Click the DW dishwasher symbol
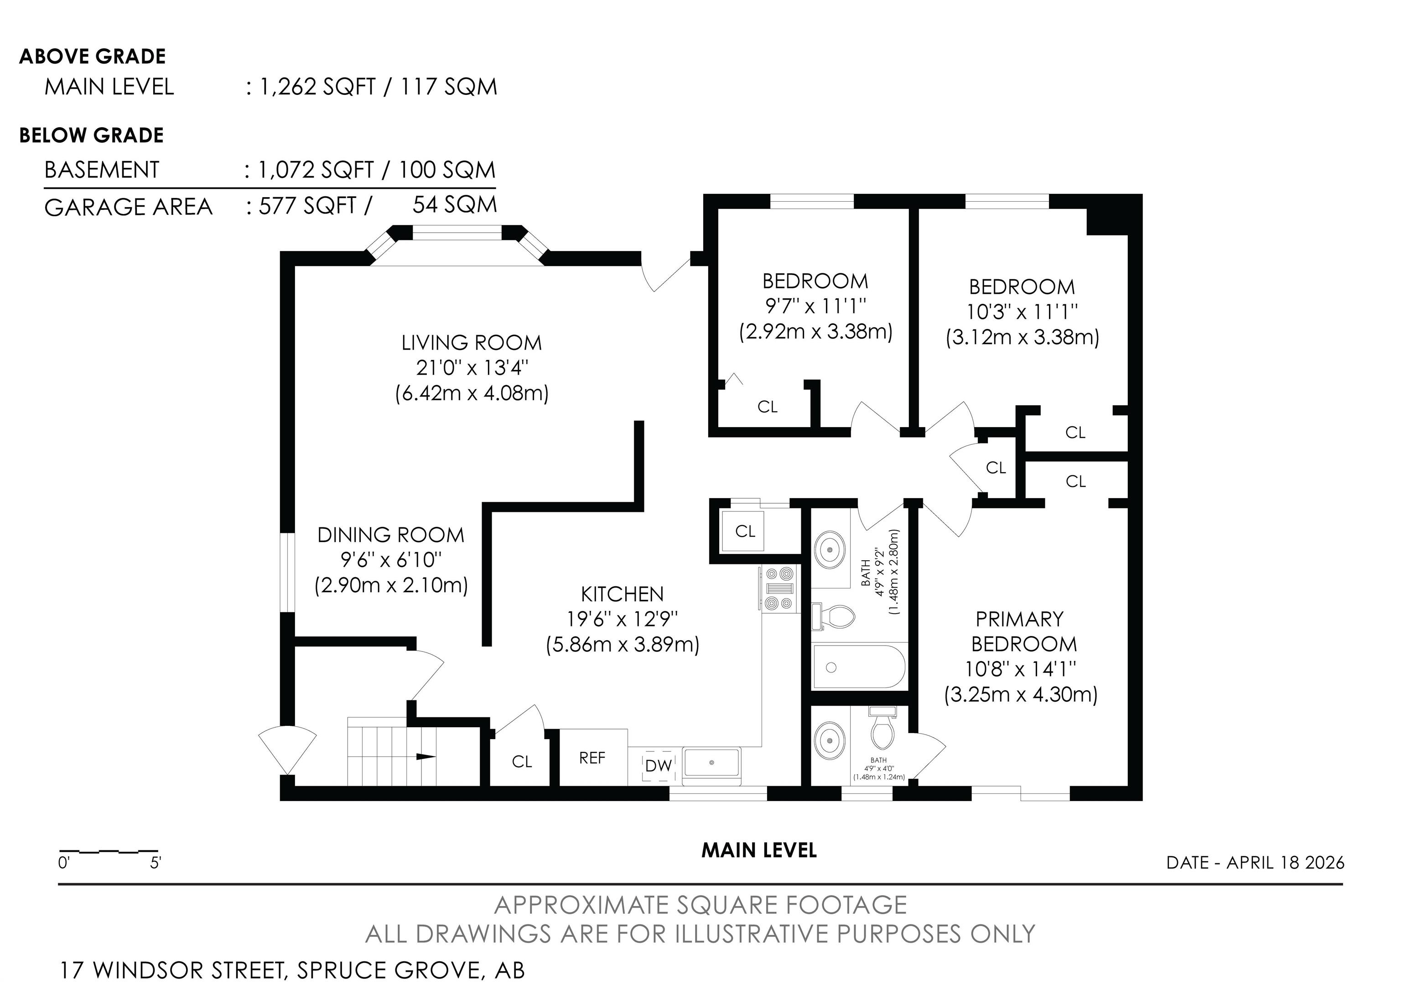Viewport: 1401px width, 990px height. coord(659,766)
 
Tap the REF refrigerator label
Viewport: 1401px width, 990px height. coord(592,758)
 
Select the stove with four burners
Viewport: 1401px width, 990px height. coord(780,589)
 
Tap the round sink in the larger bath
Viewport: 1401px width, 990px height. coord(830,550)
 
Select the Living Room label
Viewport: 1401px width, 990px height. coord(472,343)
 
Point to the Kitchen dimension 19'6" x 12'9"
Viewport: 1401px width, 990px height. coord(623,619)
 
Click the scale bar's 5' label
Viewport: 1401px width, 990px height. coord(156,863)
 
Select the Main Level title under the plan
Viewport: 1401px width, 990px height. coord(759,850)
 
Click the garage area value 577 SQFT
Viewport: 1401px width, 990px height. coord(307,206)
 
